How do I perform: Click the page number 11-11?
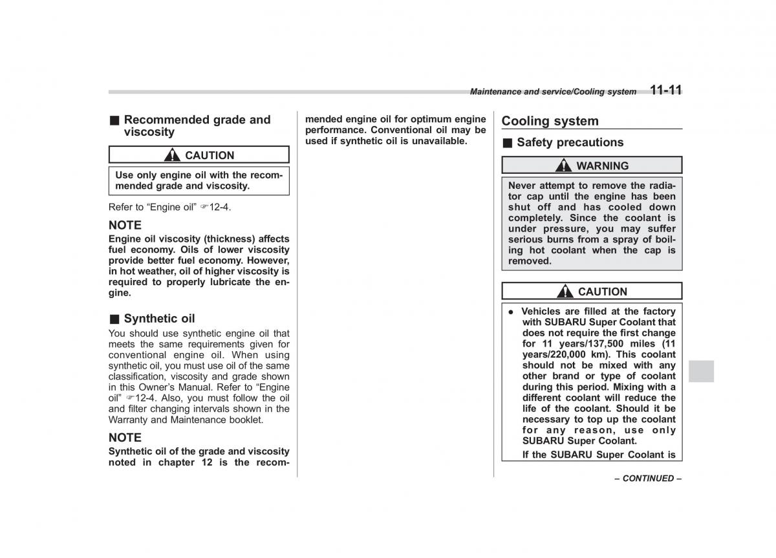coord(665,91)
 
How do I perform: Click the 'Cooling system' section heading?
coord(550,121)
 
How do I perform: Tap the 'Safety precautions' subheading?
coord(570,142)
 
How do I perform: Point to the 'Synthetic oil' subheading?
coord(158,318)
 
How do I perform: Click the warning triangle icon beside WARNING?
coord(565,166)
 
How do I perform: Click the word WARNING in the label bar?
coord(602,166)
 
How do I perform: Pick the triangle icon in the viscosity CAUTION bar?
coord(173,155)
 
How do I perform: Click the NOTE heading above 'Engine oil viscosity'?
coord(125,225)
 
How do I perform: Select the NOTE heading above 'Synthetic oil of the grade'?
coord(125,437)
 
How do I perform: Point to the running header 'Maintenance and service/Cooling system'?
coord(553,92)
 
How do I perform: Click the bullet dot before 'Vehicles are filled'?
coord(510,312)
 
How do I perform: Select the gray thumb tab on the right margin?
coord(702,371)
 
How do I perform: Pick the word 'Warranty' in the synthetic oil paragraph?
coord(129,420)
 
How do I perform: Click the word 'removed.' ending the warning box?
coord(530,261)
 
